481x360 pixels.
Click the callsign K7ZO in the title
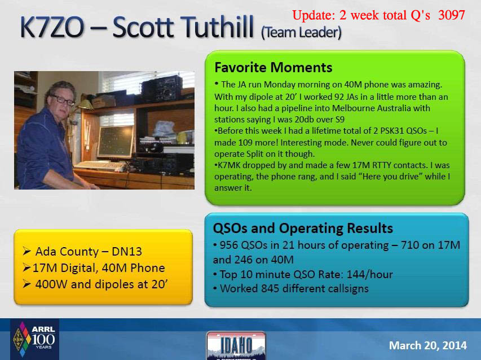[52, 27]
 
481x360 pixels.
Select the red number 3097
[451, 15]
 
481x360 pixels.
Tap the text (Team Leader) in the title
[301, 33]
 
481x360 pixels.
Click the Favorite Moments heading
[273, 67]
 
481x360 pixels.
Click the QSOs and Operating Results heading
[303, 229]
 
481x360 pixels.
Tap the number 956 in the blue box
[229, 245]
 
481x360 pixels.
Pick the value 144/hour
[370, 274]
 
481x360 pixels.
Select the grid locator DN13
[127, 252]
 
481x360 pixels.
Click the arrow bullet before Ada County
[27, 251]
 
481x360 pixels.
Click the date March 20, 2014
[428, 345]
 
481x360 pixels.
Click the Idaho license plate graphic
[236, 345]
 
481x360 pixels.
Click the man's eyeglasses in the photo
[64, 100]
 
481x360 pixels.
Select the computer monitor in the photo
[116, 142]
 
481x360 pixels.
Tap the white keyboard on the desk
[100, 166]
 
